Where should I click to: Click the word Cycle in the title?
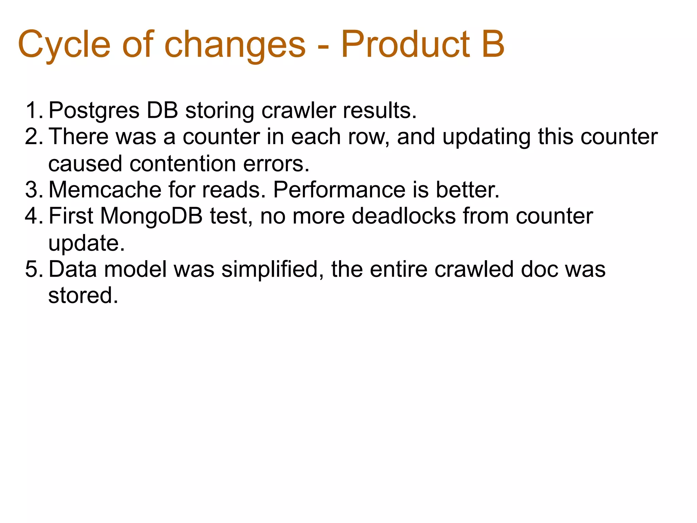pos(64,44)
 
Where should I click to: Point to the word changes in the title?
pos(235,44)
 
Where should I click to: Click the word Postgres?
pos(94,111)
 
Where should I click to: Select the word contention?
pos(182,163)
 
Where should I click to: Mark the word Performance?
pos(339,190)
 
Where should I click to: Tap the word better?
pos(468,190)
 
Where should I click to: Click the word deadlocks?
pos(403,216)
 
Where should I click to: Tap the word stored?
pos(83,295)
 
